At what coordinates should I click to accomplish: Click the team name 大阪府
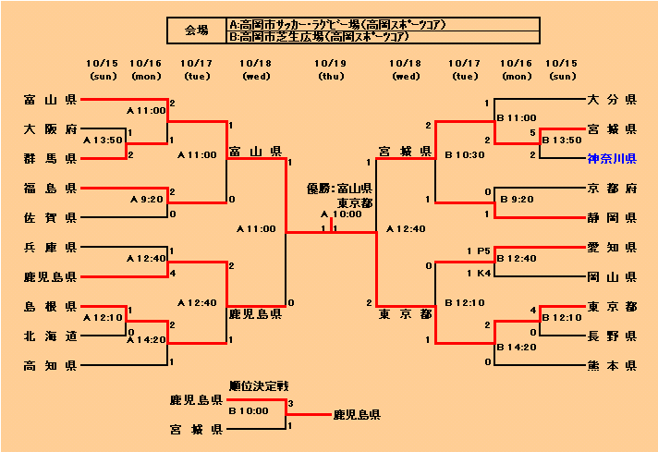(51, 128)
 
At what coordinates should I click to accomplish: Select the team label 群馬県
(51, 158)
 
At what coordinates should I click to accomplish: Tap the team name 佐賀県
(51, 217)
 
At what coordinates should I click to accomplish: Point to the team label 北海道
(51, 336)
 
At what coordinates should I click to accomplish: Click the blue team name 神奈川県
(612, 159)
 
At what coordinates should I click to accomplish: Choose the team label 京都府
(612, 188)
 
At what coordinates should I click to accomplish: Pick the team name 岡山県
(612, 276)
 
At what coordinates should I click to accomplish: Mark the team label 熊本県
(612, 366)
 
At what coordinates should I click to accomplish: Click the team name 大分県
(612, 98)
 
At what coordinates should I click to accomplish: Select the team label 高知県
(51, 366)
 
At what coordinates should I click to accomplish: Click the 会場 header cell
(197, 31)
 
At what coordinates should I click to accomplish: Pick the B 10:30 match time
(464, 154)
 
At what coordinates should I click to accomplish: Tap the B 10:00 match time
(248, 409)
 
